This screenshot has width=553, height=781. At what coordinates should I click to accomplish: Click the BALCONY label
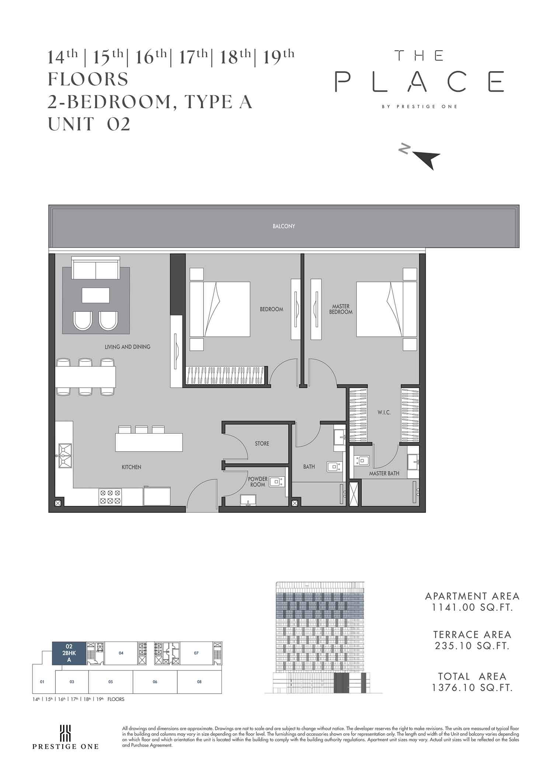(284, 226)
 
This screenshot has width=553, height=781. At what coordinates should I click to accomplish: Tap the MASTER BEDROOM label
(341, 309)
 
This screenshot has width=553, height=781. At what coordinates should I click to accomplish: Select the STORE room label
(262, 444)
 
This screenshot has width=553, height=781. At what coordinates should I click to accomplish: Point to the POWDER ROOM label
(258, 482)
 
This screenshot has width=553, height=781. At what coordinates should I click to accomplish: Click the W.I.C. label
(384, 413)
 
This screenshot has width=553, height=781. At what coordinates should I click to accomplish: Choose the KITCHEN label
(132, 467)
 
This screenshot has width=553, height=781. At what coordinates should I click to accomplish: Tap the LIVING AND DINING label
(128, 347)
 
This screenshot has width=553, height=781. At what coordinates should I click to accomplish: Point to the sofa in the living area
(96, 269)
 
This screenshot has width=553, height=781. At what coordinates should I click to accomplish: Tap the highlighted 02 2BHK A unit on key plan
(69, 653)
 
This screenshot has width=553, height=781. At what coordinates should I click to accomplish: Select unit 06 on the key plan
(155, 682)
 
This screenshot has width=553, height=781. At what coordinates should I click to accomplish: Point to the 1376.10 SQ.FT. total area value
(473, 687)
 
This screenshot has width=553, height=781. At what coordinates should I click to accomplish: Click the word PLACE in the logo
(419, 81)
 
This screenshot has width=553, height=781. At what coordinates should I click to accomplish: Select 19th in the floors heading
(279, 57)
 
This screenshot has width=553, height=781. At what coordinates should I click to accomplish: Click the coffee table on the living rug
(96, 295)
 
